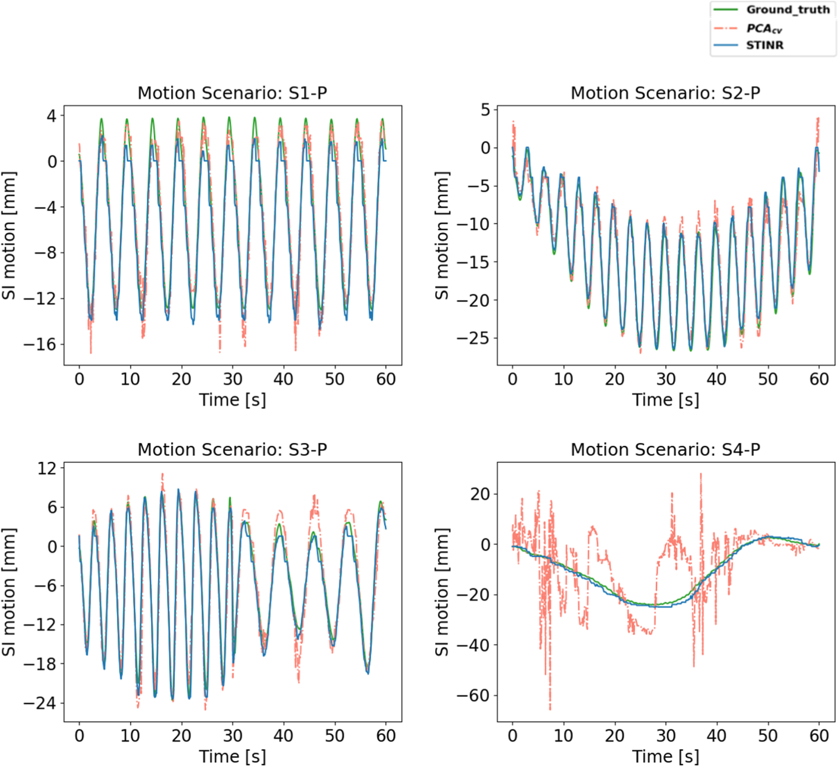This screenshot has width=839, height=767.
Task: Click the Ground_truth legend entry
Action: (787, 10)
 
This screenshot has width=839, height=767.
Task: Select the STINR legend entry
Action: (764, 45)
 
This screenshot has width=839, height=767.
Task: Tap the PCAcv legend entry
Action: (764, 28)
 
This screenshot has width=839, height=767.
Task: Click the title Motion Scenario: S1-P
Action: (232, 93)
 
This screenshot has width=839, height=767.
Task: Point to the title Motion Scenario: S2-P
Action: (665, 93)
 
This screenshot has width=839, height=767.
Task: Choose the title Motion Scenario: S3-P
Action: (232, 449)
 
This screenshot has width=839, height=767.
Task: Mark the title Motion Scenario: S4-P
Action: (665, 449)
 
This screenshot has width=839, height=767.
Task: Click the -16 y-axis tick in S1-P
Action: (40, 344)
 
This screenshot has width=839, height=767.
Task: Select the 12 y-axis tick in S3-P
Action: (47, 469)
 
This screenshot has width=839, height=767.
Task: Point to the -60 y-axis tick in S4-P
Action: (473, 695)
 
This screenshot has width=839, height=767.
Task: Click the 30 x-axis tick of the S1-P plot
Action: (233, 379)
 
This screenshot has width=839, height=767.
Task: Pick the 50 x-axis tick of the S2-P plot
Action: (768, 379)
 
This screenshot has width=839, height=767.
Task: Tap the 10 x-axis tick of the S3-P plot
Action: (130, 735)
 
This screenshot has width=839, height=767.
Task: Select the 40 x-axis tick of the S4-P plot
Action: (717, 735)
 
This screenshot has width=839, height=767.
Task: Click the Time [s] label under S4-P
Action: (665, 756)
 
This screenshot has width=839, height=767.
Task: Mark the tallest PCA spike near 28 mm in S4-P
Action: (701, 474)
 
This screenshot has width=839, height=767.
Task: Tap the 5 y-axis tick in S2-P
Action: (485, 110)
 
